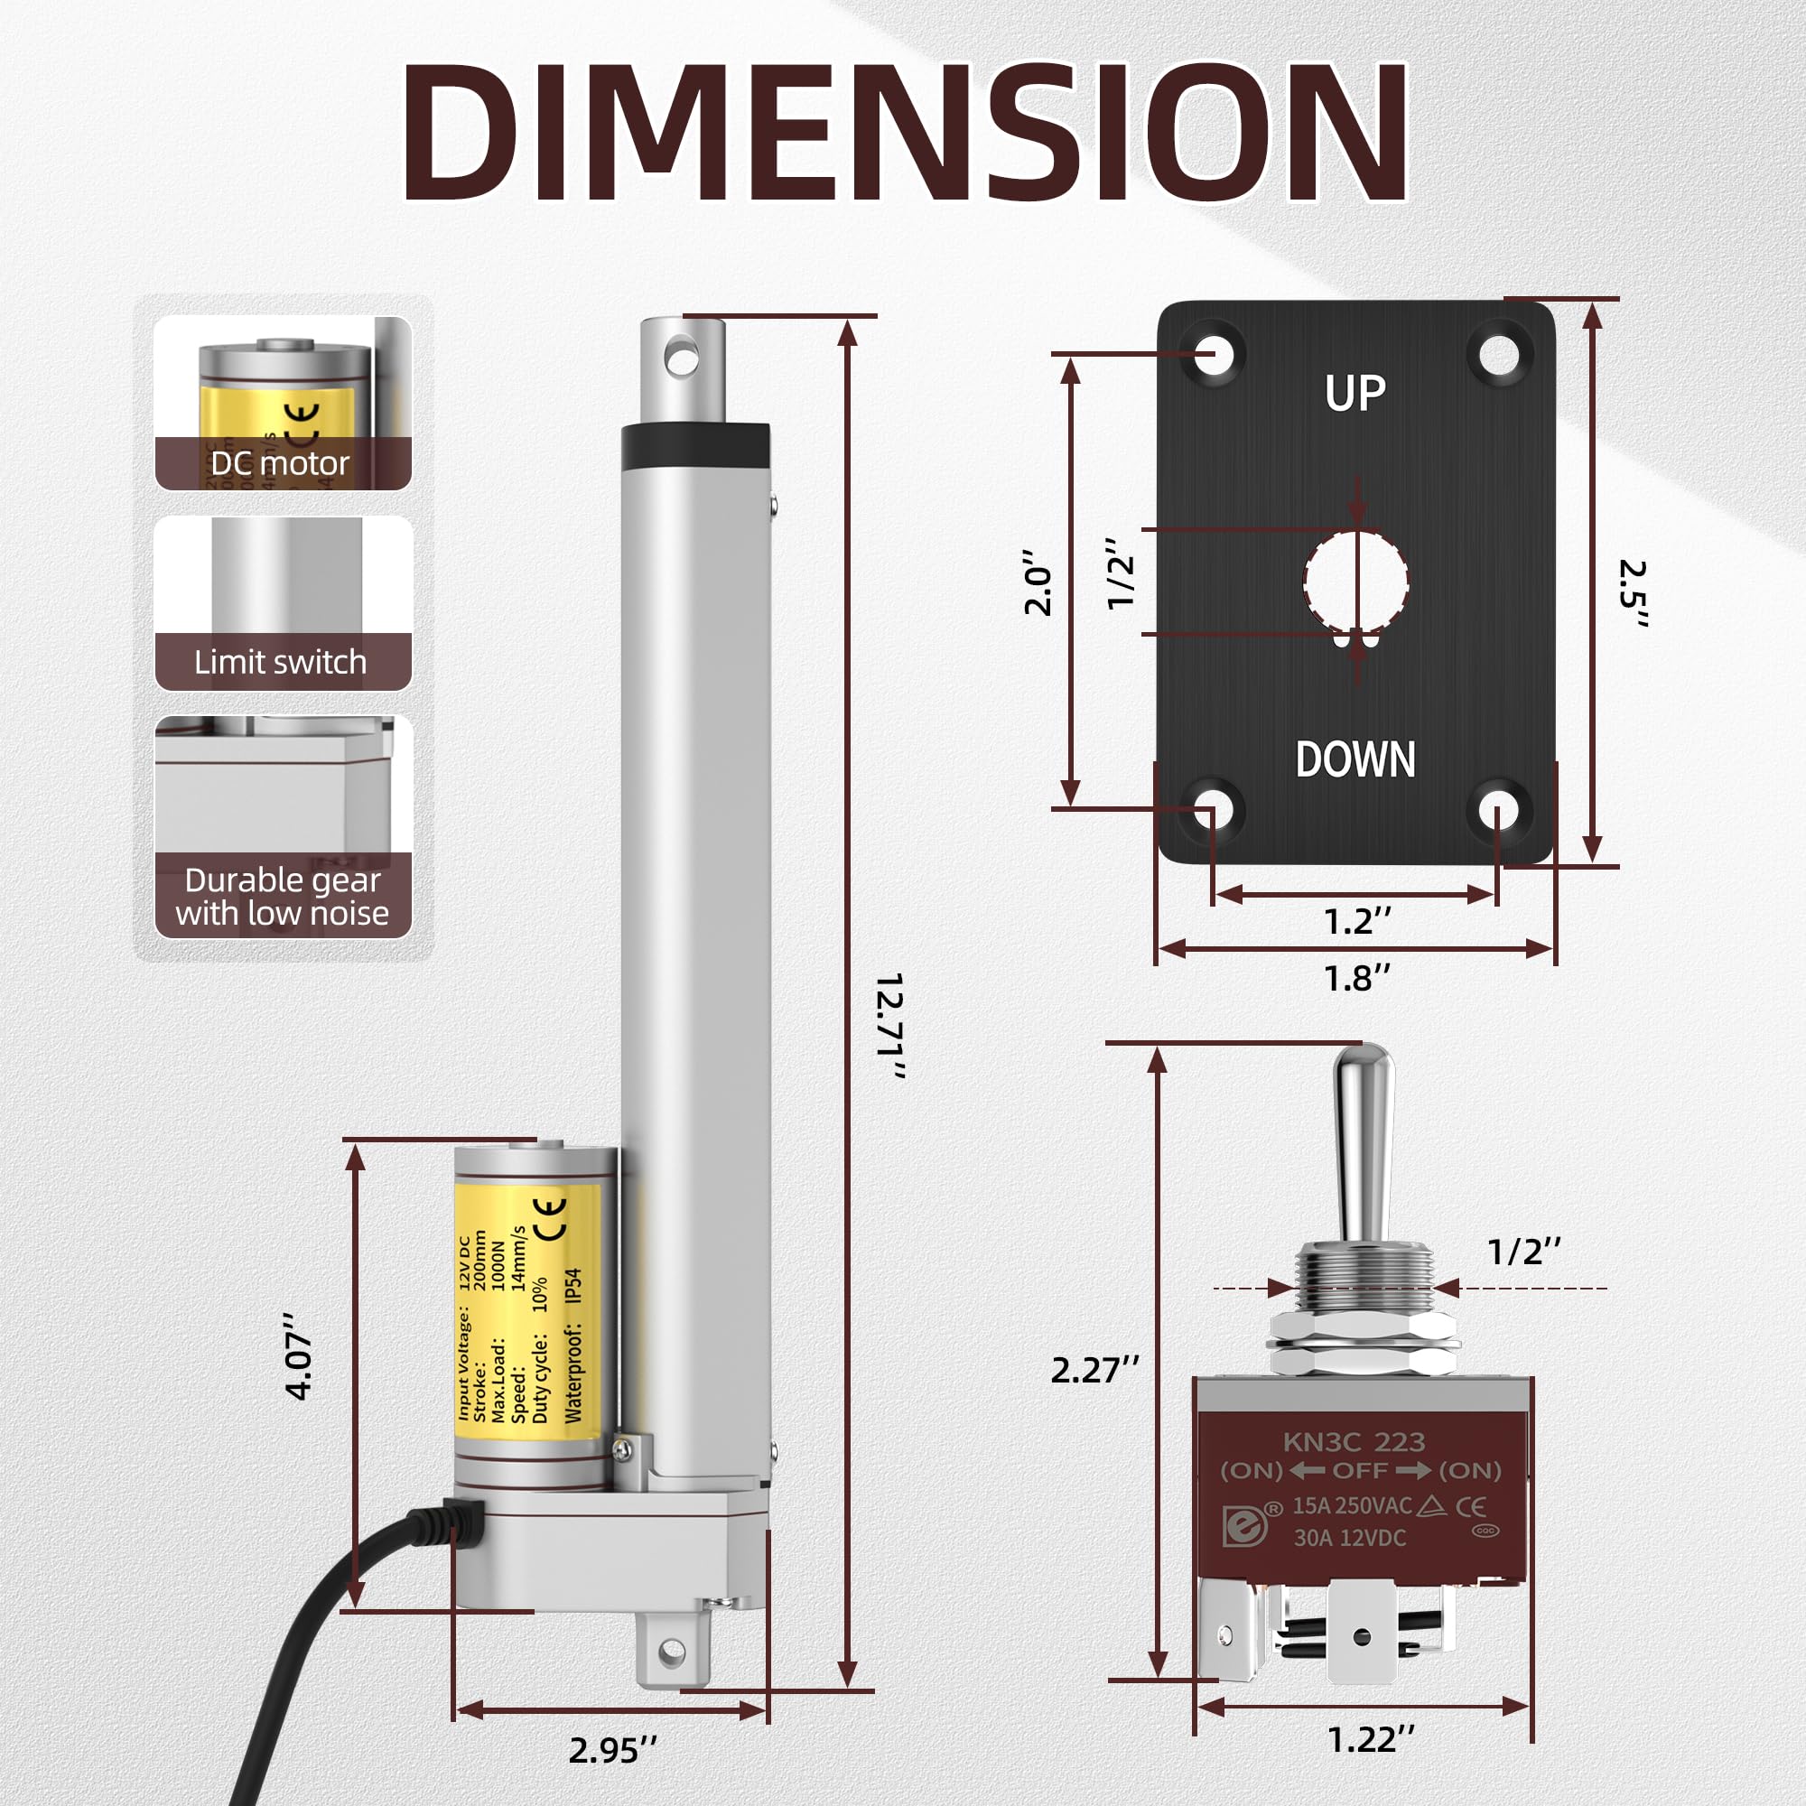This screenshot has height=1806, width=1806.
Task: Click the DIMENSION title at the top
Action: point(903,133)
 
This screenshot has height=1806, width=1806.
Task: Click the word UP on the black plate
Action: point(1354,394)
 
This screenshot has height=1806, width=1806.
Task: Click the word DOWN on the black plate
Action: point(1354,759)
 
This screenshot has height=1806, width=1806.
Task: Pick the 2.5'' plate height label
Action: point(1632,594)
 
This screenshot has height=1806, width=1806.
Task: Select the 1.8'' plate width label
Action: point(1356,979)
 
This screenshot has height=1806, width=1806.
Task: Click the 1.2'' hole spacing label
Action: point(1357,922)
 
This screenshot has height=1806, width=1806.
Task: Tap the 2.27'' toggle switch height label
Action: point(1094,1371)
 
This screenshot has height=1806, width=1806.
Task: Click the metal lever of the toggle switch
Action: point(1363,1145)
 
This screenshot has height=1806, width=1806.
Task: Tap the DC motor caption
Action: point(281,462)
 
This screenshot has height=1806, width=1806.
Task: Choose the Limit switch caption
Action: point(281,662)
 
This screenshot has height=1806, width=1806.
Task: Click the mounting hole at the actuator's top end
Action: point(682,357)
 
